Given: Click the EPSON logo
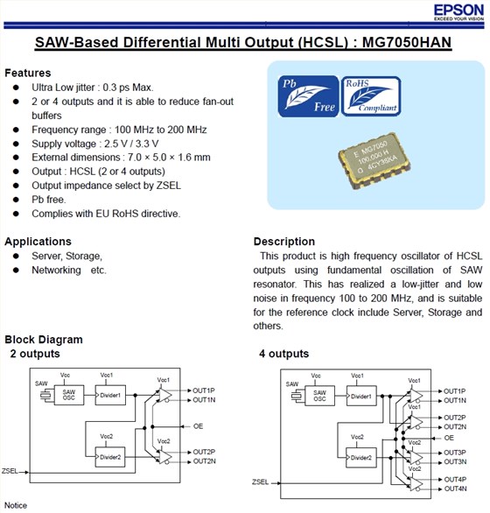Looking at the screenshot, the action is (456, 11).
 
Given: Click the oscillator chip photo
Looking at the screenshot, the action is (376, 165).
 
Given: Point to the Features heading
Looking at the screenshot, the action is (27, 73).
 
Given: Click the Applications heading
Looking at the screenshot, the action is (38, 241).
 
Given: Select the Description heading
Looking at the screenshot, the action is (284, 241).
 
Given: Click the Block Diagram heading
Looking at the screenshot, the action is (44, 340).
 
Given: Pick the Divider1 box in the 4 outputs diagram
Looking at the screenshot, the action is (360, 397).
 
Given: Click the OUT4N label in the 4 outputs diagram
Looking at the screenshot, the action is (454, 488).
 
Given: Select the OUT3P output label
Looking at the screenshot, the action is (454, 453).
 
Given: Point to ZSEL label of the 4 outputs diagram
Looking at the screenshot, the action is (260, 482).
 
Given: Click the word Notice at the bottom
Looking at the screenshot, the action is (16, 506).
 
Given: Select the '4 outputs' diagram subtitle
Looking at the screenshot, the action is (283, 354).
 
